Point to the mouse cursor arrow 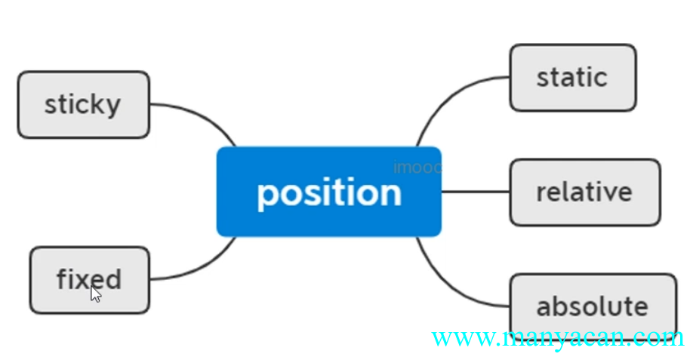[96, 294]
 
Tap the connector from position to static [445, 97]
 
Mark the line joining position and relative [476, 192]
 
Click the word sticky [82, 104]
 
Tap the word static [571, 77]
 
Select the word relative [584, 192]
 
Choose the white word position [328, 193]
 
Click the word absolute [592, 306]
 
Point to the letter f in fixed [63, 279]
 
